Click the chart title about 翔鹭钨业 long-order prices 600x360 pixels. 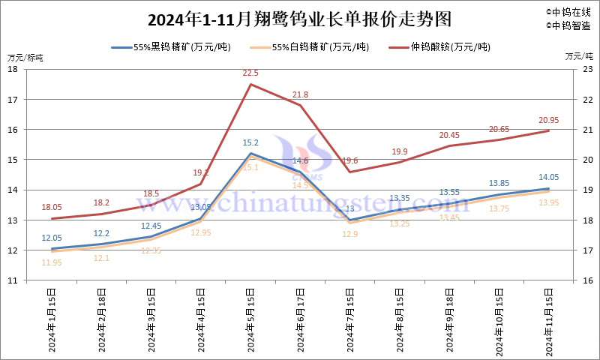(x=299, y=17)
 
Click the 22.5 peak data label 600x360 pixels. (x=250, y=73)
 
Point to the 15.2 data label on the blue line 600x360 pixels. (x=250, y=142)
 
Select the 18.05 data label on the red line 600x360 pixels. (x=52, y=207)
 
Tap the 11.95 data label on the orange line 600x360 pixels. (x=52, y=262)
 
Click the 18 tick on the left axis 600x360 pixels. (x=13, y=69)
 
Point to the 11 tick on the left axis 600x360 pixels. (x=13, y=281)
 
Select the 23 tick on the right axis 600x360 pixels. (x=587, y=69)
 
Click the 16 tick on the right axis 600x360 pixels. (x=587, y=281)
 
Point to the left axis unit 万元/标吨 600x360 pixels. (x=25, y=57)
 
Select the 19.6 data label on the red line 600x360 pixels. (x=351, y=160)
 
